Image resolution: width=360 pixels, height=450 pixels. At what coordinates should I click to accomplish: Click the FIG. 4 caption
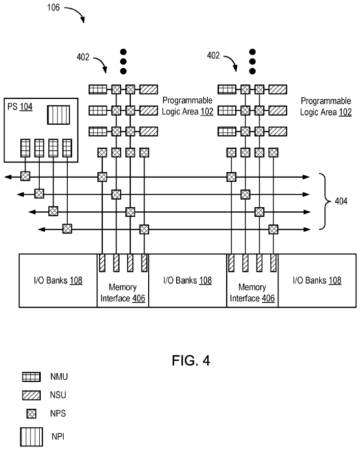click(x=191, y=360)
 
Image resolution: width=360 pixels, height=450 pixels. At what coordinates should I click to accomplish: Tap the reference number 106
click(x=53, y=8)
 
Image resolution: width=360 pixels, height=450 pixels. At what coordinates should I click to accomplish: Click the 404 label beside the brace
click(x=341, y=201)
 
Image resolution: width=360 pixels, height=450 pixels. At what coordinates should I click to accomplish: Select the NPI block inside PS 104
click(x=59, y=115)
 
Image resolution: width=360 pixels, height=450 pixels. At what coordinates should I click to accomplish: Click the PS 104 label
click(x=20, y=107)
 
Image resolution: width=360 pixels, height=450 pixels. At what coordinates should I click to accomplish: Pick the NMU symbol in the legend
click(x=31, y=377)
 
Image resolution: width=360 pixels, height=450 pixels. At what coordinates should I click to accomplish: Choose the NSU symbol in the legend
click(x=31, y=395)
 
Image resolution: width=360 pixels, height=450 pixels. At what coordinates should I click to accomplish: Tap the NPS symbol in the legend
click(x=31, y=413)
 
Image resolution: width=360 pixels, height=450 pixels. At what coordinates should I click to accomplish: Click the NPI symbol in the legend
click(x=31, y=437)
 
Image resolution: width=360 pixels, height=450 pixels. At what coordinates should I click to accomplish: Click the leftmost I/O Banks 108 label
click(x=58, y=280)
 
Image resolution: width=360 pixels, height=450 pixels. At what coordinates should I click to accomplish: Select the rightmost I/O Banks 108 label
click(x=317, y=280)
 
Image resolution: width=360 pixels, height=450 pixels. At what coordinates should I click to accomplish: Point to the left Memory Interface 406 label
click(x=123, y=293)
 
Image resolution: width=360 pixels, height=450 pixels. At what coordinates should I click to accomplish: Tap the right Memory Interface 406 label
click(x=252, y=293)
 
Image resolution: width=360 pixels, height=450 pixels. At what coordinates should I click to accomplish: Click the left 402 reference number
click(x=83, y=57)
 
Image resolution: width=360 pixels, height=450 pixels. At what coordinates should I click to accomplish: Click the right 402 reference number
click(x=213, y=55)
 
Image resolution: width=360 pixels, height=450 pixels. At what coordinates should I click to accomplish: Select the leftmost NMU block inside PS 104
click(x=25, y=148)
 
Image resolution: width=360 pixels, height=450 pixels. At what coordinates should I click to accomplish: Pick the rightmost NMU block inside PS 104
click(x=67, y=148)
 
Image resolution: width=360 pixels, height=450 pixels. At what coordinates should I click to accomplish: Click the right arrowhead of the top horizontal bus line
click(x=307, y=177)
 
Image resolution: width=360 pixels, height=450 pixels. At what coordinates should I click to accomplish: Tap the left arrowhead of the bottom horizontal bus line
click(x=42, y=229)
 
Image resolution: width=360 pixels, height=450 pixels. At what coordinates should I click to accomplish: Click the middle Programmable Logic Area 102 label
click(x=187, y=106)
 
